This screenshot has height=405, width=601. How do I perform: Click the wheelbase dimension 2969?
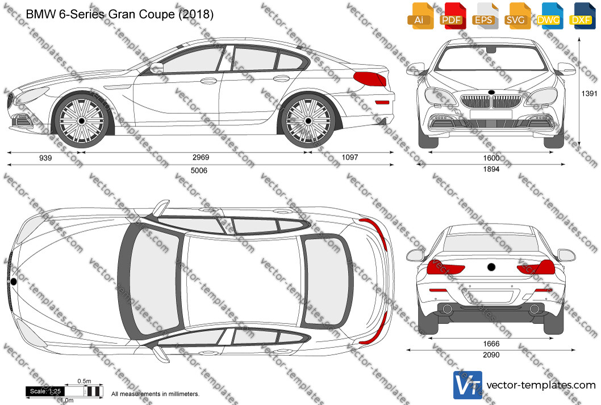click(x=201, y=157)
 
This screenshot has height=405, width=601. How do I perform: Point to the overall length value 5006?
click(x=199, y=170)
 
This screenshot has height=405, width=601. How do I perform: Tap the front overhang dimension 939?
click(x=45, y=158)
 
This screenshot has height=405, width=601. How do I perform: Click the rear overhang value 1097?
click(x=349, y=157)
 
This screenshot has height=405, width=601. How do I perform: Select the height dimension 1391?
click(x=590, y=94)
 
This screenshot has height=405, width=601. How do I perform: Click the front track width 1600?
click(x=491, y=158)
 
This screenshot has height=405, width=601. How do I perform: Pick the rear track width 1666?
click(x=491, y=344)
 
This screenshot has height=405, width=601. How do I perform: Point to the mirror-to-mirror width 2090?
click(x=491, y=355)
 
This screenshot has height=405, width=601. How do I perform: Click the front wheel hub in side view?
click(x=81, y=121)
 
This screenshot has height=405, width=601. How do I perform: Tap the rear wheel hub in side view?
click(x=308, y=121)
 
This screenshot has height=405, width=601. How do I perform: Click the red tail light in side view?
click(x=369, y=79)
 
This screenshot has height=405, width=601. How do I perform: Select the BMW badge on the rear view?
click(x=491, y=267)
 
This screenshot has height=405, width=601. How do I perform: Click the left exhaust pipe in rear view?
click(x=447, y=309)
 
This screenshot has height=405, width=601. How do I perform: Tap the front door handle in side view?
click(x=208, y=81)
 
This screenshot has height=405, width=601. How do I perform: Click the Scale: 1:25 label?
click(x=45, y=391)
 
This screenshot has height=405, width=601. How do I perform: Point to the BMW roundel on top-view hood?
click(x=14, y=282)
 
